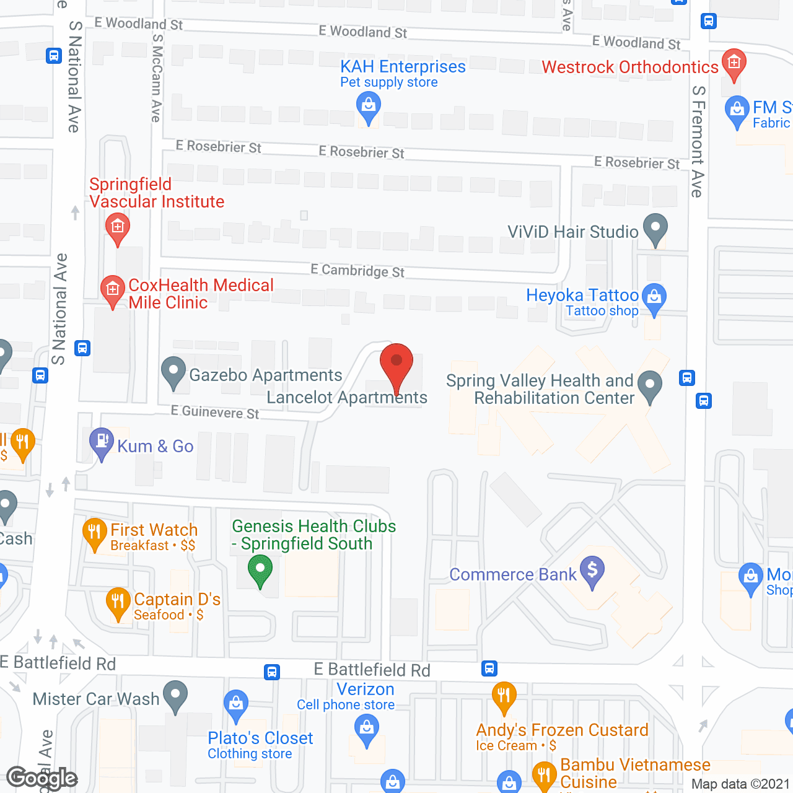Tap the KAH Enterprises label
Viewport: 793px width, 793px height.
point(403,67)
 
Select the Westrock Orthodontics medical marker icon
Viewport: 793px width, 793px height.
point(734,63)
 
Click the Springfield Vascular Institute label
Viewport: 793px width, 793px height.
point(156,193)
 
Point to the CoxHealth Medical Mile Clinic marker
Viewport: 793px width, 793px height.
point(112,289)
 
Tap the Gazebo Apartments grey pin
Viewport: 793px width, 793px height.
point(173,372)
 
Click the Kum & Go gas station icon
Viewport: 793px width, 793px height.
point(102,442)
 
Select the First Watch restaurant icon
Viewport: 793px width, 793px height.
point(94,532)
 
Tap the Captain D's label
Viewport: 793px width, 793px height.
point(177,599)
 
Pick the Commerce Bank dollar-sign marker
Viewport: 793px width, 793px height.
point(592,569)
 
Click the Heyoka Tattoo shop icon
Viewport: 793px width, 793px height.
point(654,297)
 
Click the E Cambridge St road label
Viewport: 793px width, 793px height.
point(357,271)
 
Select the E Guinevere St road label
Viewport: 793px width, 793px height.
point(215,412)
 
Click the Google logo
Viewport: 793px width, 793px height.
point(42,778)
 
